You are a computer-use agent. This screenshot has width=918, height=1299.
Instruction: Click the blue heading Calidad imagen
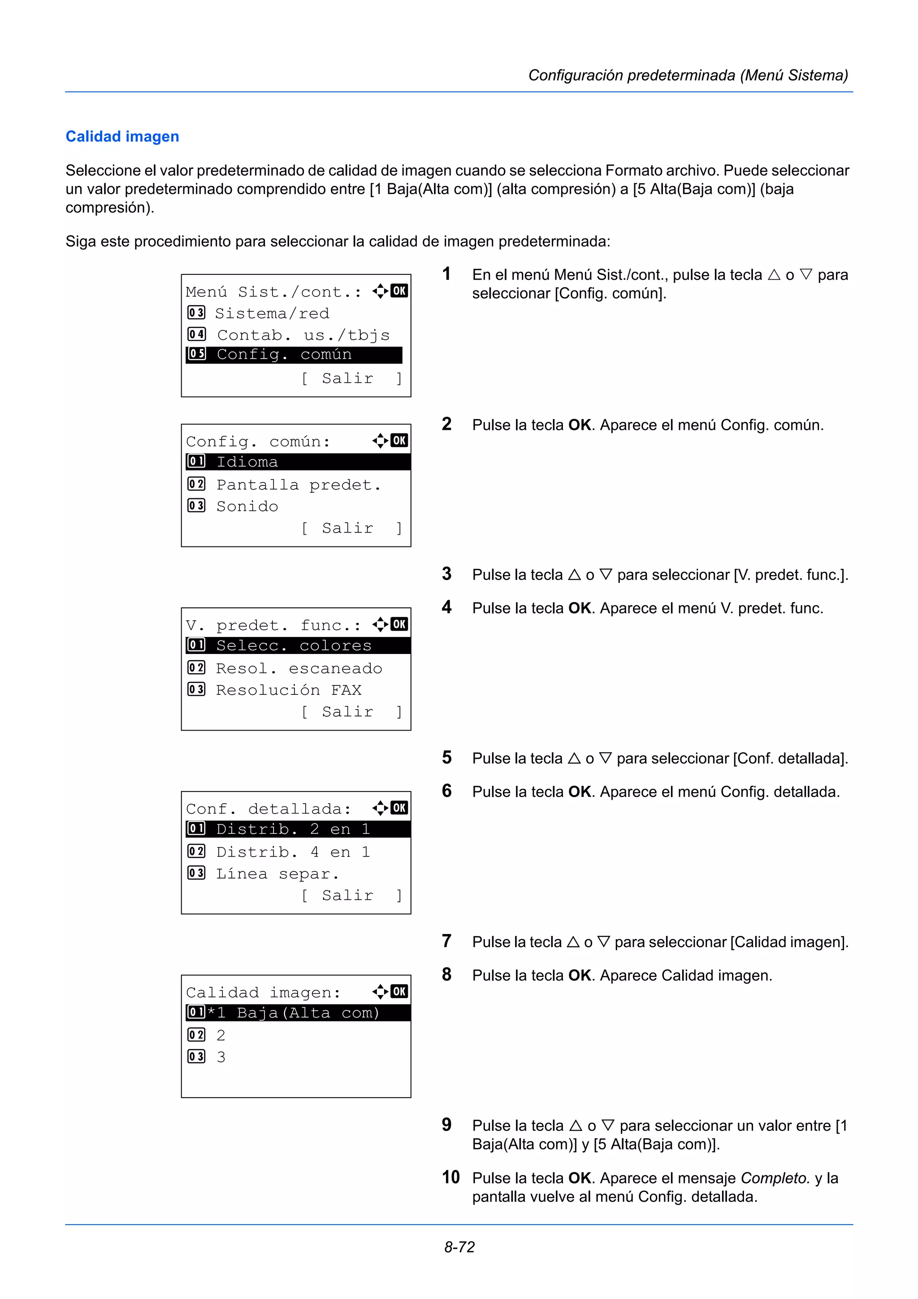[x=122, y=136]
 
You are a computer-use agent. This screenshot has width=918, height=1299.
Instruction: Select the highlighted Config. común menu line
[x=294, y=355]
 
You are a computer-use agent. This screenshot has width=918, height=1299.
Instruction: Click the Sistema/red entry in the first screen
[x=272, y=313]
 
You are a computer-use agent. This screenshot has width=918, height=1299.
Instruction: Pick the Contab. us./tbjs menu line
[x=303, y=335]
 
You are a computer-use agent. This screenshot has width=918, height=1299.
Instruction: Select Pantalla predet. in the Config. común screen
[x=298, y=485]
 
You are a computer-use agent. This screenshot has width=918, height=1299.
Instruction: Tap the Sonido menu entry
[x=247, y=507]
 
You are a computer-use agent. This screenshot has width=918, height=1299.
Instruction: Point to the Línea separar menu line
[x=277, y=874]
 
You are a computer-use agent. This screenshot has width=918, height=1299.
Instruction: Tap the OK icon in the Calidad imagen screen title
[x=399, y=991]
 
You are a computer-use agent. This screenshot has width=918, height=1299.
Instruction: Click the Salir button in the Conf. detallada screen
[x=347, y=895]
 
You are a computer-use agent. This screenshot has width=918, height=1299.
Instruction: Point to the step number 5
[x=447, y=758]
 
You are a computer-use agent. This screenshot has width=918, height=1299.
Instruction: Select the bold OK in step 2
[x=580, y=425]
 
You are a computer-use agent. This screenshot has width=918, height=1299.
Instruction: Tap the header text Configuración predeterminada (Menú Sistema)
[x=688, y=75]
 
